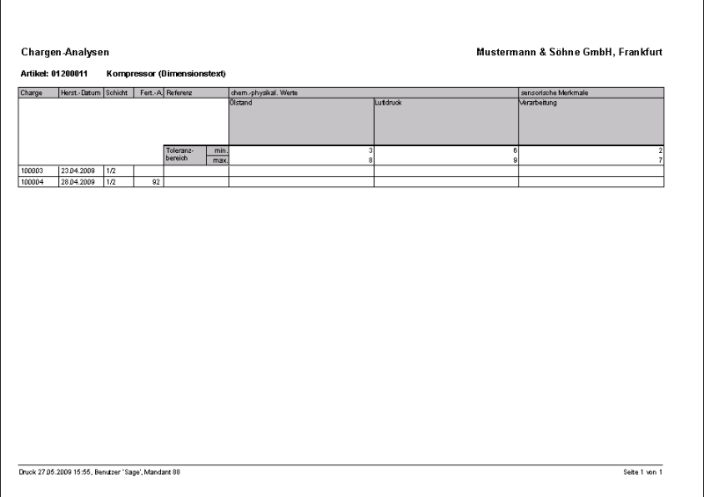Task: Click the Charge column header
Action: pyautogui.click(x=30, y=92)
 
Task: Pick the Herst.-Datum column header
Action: pyautogui.click(x=81, y=92)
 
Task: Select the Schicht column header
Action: pyautogui.click(x=117, y=92)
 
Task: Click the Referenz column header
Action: pyautogui.click(x=180, y=92)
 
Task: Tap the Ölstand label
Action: pyautogui.click(x=242, y=103)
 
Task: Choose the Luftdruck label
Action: pyautogui.click(x=389, y=103)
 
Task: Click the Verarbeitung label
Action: pyautogui.click(x=539, y=103)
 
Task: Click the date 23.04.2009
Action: pyautogui.click(x=77, y=171)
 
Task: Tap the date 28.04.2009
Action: pyautogui.click(x=77, y=181)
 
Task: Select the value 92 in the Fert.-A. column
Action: pyautogui.click(x=156, y=181)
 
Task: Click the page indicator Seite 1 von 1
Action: pyautogui.click(x=642, y=473)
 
